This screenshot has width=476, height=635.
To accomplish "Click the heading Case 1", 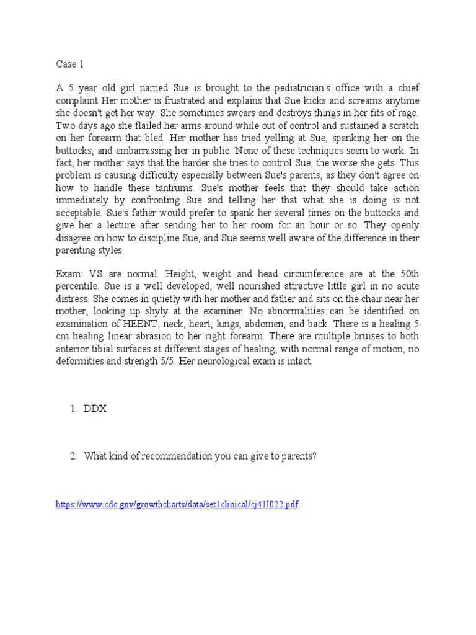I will (66, 64).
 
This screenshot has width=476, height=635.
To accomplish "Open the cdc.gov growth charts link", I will (177, 505).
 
